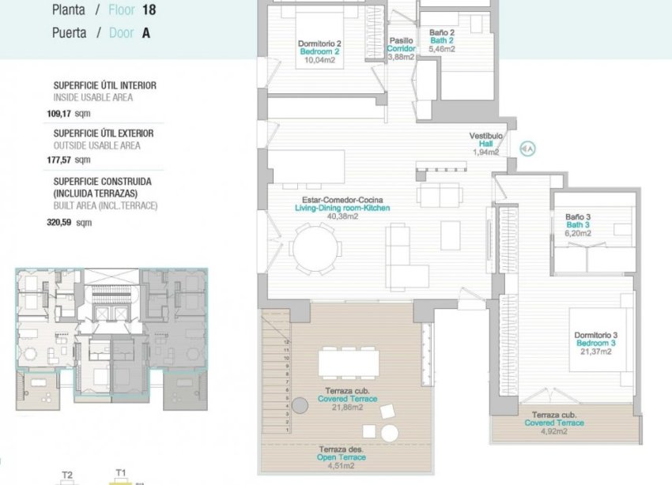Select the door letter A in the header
[146, 33]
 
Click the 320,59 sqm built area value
[70, 223]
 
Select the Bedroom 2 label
[320, 52]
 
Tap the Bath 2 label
[441, 41]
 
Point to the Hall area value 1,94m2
[485, 152]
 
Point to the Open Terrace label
[341, 457]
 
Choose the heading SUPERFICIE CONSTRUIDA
[102, 181]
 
